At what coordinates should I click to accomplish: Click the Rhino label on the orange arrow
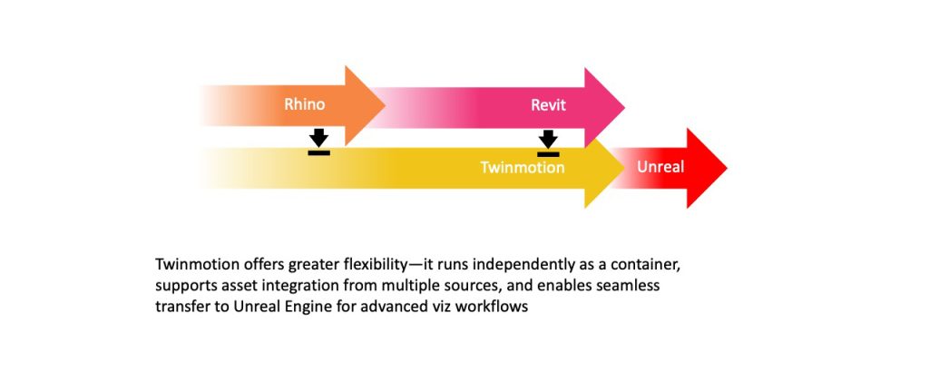304,105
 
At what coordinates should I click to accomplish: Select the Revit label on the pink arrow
548,105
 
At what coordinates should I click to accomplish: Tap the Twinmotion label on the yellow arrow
522,168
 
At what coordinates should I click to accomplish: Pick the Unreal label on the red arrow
660,167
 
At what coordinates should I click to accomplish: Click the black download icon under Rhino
318,142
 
